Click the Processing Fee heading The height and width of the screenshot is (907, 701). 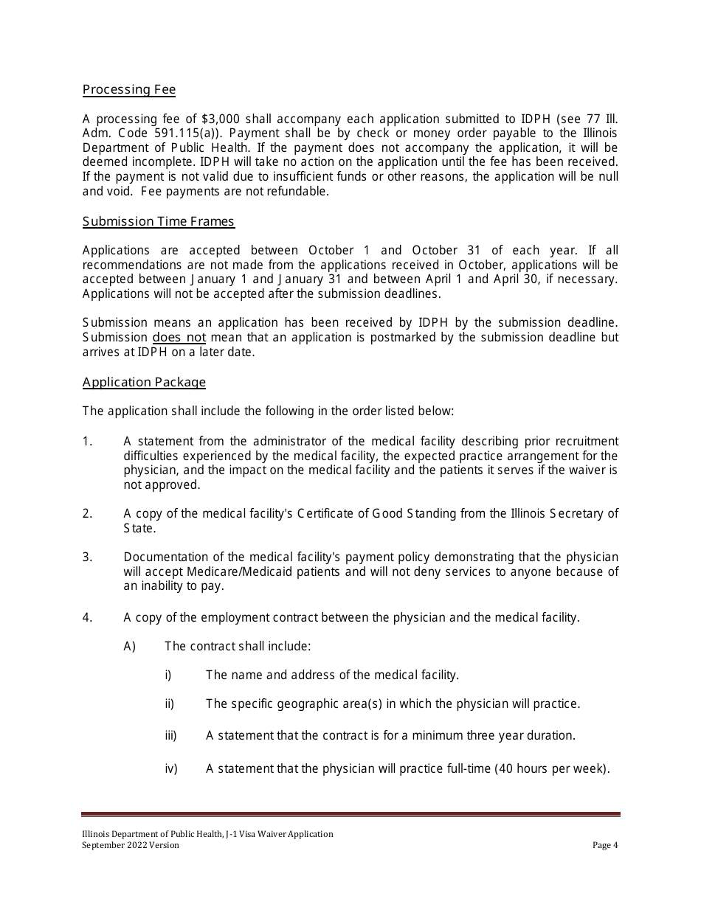[x=129, y=90]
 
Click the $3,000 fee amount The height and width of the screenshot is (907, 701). [x=227, y=119]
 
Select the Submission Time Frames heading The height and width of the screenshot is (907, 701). [x=159, y=221]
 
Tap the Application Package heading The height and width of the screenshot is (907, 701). [x=144, y=382]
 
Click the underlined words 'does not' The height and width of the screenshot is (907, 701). [x=179, y=338]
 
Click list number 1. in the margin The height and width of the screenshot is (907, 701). [x=88, y=442]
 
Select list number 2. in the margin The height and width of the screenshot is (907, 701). [x=88, y=514]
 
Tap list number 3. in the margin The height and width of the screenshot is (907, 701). [x=88, y=557]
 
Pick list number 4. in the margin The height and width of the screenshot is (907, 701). [x=88, y=618]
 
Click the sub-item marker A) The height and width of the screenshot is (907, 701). [x=130, y=647]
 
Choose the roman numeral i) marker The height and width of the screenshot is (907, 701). [x=168, y=675]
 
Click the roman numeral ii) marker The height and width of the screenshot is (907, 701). [x=170, y=704]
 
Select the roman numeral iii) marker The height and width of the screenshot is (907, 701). [x=170, y=736]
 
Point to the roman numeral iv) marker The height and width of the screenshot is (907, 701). [x=171, y=769]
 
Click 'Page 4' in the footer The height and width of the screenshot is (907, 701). [x=605, y=845]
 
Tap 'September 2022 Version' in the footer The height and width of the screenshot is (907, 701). [x=131, y=845]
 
